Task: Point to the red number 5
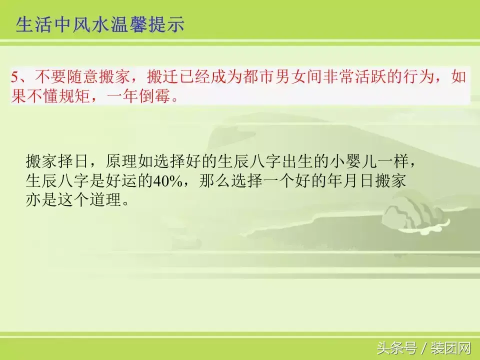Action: [15, 77]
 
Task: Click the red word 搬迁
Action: [162, 77]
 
